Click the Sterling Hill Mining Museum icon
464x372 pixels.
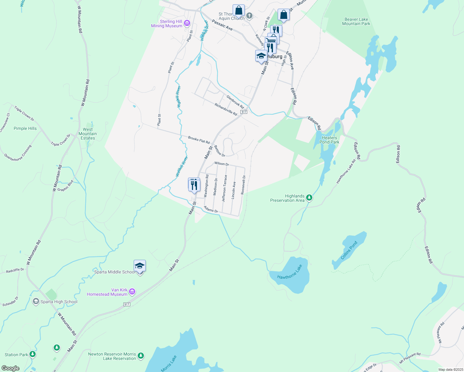point(187,23)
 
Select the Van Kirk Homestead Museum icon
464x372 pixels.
point(132,292)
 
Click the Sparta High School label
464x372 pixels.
point(59,302)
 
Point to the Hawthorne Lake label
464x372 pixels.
point(289,272)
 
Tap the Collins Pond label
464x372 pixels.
point(349,250)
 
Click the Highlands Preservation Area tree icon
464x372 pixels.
point(309,198)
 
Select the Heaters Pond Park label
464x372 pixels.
point(329,140)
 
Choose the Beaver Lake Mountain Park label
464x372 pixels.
point(356,21)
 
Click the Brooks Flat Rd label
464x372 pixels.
point(199,140)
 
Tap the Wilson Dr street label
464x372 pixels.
point(221,164)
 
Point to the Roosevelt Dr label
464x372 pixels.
point(243,185)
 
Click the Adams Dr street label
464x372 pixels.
point(211,210)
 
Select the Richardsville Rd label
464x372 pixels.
point(226,109)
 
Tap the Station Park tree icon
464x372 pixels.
point(33,354)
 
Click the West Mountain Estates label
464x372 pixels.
point(88,134)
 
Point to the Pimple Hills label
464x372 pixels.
point(25,128)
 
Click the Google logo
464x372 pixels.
point(11,368)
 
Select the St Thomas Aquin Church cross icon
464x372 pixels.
point(249,15)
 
